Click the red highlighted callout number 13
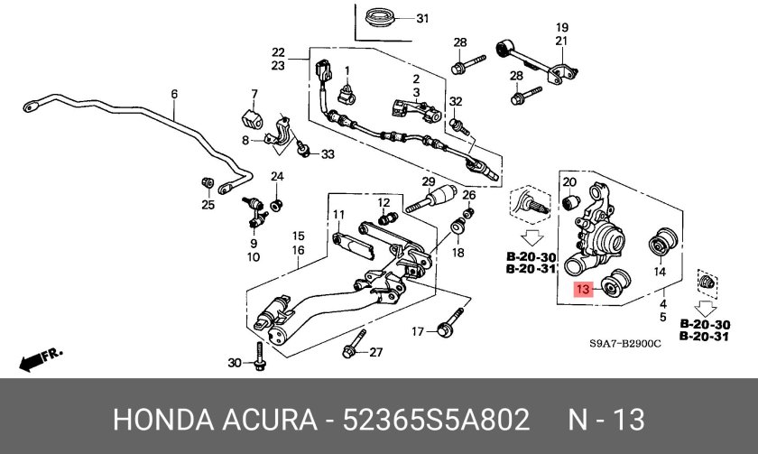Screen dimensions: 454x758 [584, 290]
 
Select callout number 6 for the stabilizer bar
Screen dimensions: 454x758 [174, 94]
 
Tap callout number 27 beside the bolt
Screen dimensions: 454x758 [376, 352]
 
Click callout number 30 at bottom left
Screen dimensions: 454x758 [234, 363]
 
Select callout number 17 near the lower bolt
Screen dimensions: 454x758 [418, 333]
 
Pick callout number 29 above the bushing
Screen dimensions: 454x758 [428, 181]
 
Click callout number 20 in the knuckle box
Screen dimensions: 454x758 [569, 181]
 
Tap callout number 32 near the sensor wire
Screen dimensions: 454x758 [456, 101]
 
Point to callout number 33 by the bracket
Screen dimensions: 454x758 [327, 153]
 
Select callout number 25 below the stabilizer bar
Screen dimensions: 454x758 [208, 205]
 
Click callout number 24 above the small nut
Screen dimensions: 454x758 [278, 176]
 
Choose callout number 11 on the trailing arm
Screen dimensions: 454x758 [338, 215]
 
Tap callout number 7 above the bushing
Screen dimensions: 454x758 [254, 94]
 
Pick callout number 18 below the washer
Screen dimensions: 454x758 [458, 254]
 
